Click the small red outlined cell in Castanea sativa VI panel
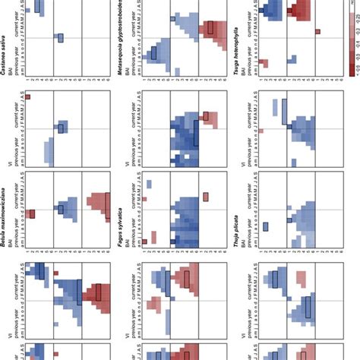pos(27,97)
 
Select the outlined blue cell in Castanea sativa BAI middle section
pos(61,39)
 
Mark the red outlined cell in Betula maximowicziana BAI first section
pos(33,214)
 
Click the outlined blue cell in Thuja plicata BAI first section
pos(266,226)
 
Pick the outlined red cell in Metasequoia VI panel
pos(206,116)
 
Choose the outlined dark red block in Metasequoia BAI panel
pos(210,29)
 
